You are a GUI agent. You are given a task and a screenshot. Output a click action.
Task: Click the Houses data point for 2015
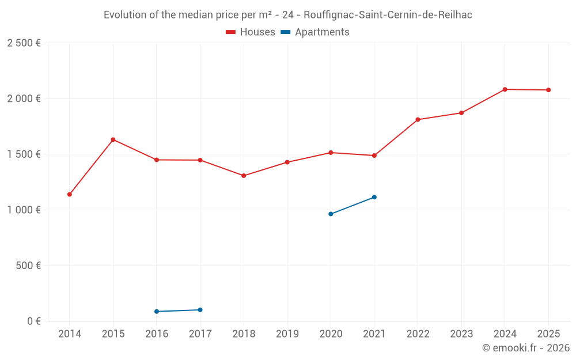point(113,139)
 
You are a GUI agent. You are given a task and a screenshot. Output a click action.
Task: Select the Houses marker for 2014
point(70,194)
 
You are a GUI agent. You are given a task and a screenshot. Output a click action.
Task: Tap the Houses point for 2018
point(244,176)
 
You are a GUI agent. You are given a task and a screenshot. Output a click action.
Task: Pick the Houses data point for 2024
point(505,89)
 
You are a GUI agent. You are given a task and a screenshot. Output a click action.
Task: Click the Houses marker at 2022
point(418,120)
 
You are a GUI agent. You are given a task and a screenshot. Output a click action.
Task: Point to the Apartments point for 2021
point(374,197)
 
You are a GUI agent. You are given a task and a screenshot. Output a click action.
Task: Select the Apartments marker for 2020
point(331,214)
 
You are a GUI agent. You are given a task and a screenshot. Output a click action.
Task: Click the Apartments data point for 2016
point(157,312)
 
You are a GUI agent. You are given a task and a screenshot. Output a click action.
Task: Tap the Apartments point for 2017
point(200,310)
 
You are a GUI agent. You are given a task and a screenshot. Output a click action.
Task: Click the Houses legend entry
point(251,32)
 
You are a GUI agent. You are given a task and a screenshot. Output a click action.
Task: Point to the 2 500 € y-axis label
point(24,43)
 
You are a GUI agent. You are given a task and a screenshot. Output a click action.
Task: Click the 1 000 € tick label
point(24,210)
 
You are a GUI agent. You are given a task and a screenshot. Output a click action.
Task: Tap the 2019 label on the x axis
point(287,334)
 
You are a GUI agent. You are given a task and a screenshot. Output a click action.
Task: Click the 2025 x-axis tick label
point(548,334)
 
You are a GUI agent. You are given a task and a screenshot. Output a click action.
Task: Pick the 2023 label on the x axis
point(461,334)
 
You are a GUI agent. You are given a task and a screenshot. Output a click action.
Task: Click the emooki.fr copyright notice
point(525,348)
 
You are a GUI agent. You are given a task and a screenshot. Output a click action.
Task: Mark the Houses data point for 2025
point(548,90)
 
